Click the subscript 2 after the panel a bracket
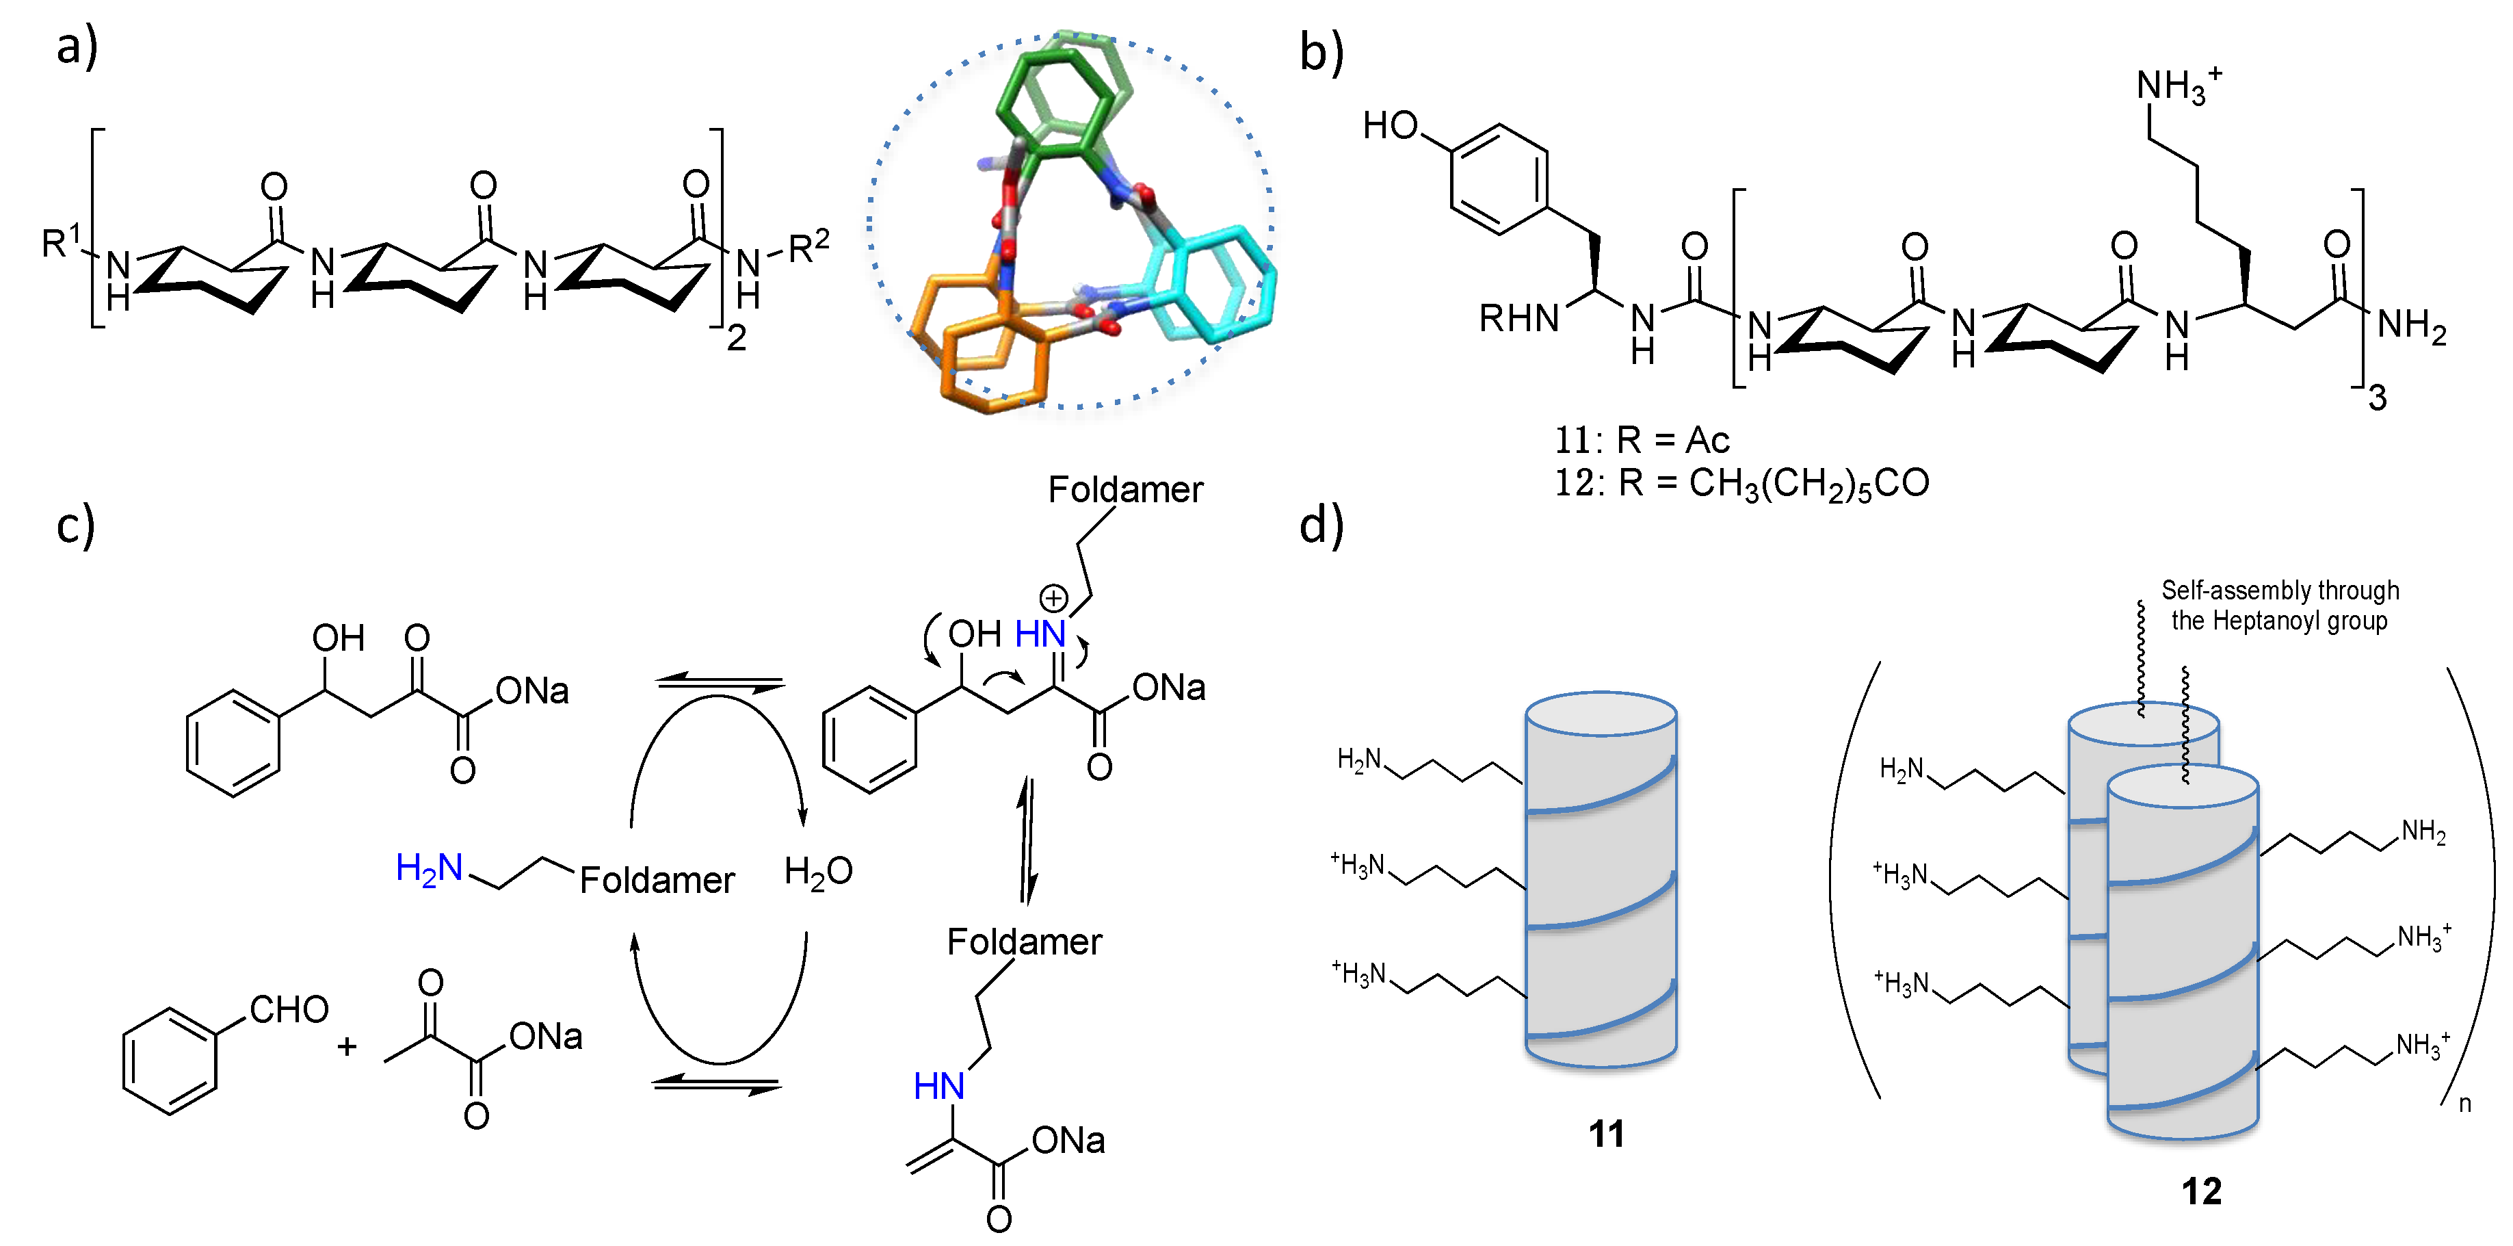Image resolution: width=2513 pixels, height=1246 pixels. (x=737, y=337)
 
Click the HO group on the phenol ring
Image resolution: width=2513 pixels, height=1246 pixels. (x=1390, y=126)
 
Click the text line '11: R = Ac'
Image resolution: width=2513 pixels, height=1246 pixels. (x=1641, y=440)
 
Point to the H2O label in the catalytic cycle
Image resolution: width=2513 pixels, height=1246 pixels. (x=817, y=871)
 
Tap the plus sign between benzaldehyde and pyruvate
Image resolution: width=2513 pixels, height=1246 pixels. (x=346, y=1047)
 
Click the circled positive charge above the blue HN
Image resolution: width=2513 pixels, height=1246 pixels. (x=1053, y=597)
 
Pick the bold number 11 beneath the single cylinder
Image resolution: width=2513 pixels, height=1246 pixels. (x=1606, y=1134)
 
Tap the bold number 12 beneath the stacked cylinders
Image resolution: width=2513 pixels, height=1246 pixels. (x=2201, y=1191)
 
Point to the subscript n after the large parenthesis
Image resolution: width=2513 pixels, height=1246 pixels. (x=2464, y=1104)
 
